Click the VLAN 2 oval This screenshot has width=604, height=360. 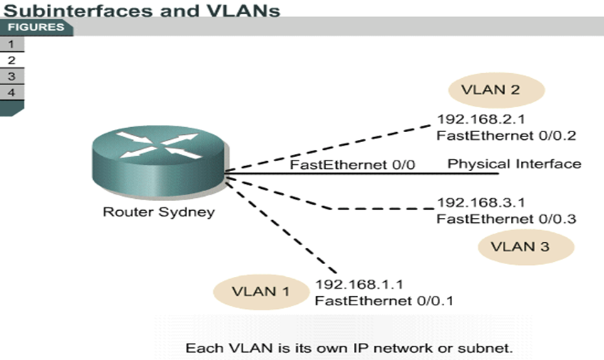tap(496, 90)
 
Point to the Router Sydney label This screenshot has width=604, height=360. tap(158, 212)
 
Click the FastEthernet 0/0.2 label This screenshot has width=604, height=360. tap(506, 135)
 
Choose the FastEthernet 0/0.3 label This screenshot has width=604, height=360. tap(506, 218)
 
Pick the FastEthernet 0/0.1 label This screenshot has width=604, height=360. tap(384, 300)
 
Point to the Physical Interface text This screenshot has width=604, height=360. tap(514, 164)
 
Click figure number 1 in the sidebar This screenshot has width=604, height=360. tap(11, 44)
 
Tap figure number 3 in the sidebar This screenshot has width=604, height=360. tap(11, 76)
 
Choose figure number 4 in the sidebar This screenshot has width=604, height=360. tap(11, 92)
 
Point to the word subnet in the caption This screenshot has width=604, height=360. tap(491, 349)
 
